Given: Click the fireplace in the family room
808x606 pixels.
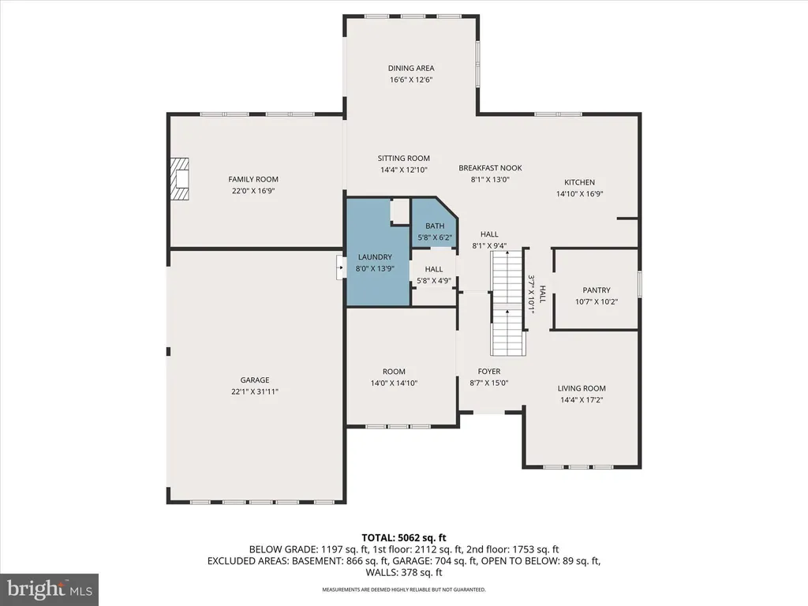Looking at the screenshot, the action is coord(181,179).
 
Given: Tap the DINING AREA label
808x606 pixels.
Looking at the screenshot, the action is coord(410,68).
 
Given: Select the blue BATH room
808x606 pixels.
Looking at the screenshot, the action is coord(435,223).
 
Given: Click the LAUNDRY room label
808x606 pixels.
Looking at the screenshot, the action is coord(375,256).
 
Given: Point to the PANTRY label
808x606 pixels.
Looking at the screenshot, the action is coord(597,290).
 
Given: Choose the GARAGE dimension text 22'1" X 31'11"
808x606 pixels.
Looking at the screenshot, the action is coord(255,391).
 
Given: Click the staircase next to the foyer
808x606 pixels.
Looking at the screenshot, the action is coord(507,302).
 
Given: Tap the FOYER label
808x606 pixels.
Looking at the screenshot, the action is coord(489,371).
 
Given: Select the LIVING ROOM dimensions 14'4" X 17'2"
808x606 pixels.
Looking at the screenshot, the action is coord(582,400).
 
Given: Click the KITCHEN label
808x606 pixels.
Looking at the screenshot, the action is coord(579,182).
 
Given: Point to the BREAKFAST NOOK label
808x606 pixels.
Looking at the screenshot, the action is coord(490,168).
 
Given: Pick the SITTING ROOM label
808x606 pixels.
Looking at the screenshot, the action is coord(403,158).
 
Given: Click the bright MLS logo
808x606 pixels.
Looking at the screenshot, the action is coord(50,589).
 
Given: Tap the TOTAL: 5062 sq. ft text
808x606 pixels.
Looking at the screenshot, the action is coord(403,538).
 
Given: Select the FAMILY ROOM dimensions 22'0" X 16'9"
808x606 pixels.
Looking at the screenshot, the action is coord(253,191).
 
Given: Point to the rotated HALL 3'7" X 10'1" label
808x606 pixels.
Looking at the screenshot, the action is coord(537,294).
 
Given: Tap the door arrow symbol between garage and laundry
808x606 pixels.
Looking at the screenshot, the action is coord(341,268).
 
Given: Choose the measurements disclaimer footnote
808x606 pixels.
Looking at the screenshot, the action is coord(403,589).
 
